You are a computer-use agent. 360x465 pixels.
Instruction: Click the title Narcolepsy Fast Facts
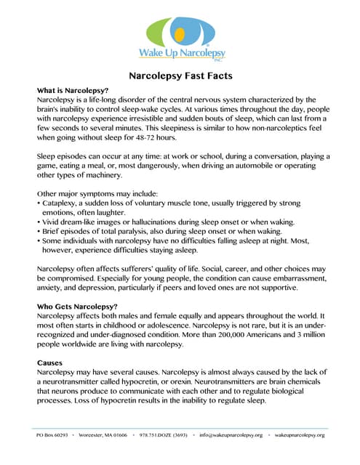pos(180,74)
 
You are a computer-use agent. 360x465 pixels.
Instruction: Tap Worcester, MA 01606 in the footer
pos(103,434)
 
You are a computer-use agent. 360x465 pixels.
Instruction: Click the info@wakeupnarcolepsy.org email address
pos(231,434)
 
